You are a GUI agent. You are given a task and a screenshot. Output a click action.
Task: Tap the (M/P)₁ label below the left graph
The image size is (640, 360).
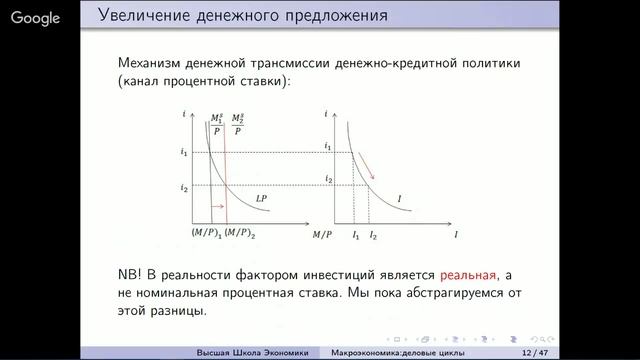(x=205, y=233)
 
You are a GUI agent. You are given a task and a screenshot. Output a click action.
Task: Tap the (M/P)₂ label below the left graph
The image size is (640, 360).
(x=239, y=233)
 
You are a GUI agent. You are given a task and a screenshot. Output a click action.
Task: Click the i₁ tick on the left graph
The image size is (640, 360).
(x=184, y=152)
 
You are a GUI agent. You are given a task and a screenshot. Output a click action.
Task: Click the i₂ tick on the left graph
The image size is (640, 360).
(x=184, y=188)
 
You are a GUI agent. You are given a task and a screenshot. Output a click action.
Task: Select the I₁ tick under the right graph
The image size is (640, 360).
(x=355, y=233)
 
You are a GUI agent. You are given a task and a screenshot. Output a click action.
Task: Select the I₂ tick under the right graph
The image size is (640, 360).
(x=372, y=233)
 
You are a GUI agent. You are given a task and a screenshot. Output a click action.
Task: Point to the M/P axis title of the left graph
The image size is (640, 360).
(x=321, y=234)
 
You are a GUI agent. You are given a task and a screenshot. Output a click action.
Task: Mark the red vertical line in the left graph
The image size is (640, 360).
(x=225, y=175)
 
